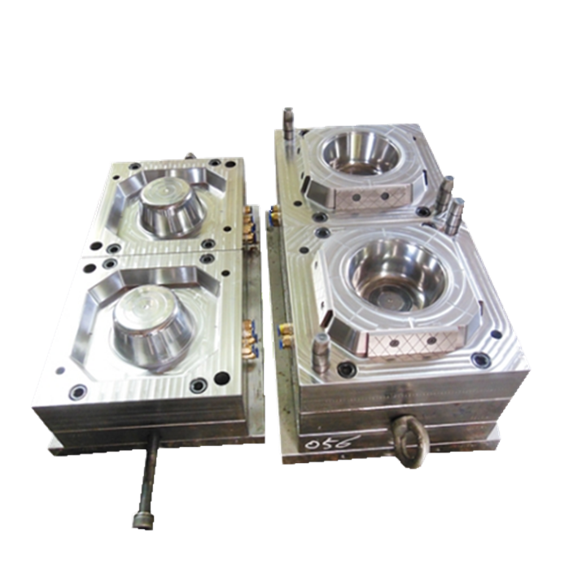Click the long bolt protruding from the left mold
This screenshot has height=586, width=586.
pos(147,479)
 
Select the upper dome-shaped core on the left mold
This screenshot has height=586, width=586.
pos(173,207)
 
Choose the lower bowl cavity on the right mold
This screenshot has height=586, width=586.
pos(396,276)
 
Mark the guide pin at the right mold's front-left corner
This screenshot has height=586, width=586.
pos(321,352)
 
